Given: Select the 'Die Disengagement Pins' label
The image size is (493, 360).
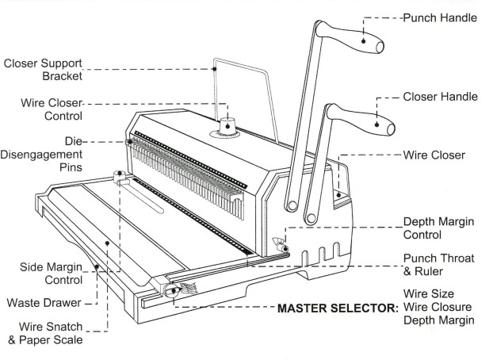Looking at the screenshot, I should [52, 155].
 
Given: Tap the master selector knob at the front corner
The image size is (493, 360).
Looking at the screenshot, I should [171, 290].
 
